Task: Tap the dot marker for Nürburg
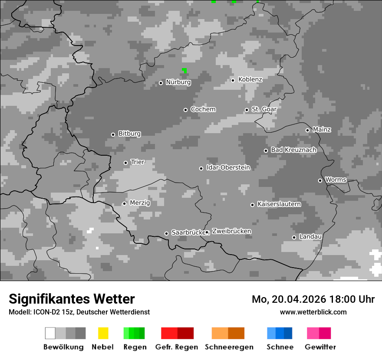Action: coord(161,83)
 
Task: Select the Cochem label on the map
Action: coord(203,109)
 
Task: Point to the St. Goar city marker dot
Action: coord(247,110)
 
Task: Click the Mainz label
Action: coord(322,130)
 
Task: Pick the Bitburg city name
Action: coord(129,134)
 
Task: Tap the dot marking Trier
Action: coord(125,163)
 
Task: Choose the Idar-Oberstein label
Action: coord(228,168)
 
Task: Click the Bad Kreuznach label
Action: coord(293,150)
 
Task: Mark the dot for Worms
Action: coord(320,180)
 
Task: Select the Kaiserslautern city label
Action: coord(279,204)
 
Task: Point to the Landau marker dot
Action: coord(294,237)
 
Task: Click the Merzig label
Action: coord(140,203)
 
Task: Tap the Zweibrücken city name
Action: coord(231,231)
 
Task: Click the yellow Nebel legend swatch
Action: coord(103,333)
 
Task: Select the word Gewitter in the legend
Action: coord(320,347)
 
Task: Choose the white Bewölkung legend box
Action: coord(50,333)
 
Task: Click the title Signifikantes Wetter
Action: coord(72,299)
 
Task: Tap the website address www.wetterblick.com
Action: coord(313,312)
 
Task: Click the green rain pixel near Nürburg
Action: coord(184,70)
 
